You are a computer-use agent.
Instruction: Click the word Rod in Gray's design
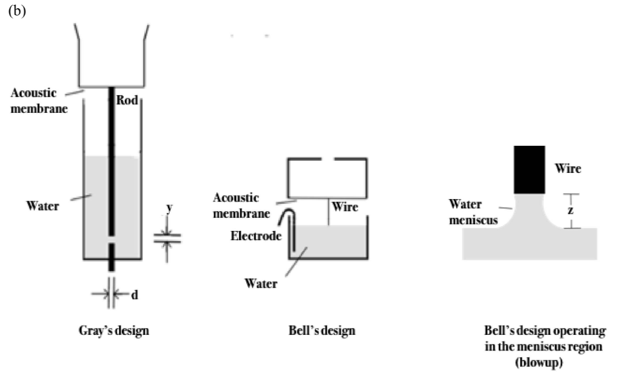pos(128,101)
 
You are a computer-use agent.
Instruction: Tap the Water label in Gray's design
pos(43,205)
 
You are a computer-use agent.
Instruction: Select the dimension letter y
pos(169,208)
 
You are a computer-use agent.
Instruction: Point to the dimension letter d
pos(134,294)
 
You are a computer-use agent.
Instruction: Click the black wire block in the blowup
pos(530,170)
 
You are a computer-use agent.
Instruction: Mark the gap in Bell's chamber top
pos(327,160)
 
